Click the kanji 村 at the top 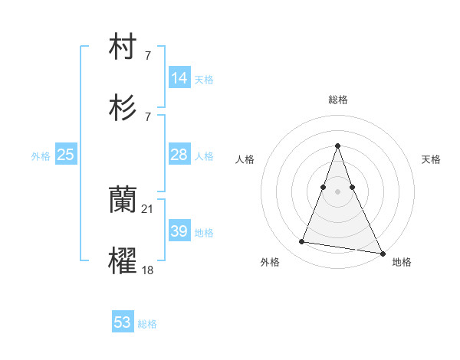[123, 48]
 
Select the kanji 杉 [123, 110]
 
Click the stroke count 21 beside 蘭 [148, 208]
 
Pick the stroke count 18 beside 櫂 [148, 270]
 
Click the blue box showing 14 [179, 78]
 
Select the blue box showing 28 [179, 155]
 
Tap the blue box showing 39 [179, 231]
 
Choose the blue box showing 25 [66, 155]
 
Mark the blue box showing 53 [123, 322]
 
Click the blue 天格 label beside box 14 [204, 80]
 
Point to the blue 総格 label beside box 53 [147, 324]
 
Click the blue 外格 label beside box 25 [41, 156]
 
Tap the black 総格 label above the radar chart [337, 100]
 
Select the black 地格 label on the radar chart [402, 262]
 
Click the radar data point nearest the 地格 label [382, 253]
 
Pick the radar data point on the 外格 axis [301, 242]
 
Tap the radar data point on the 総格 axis [337, 146]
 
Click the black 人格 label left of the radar [245, 159]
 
